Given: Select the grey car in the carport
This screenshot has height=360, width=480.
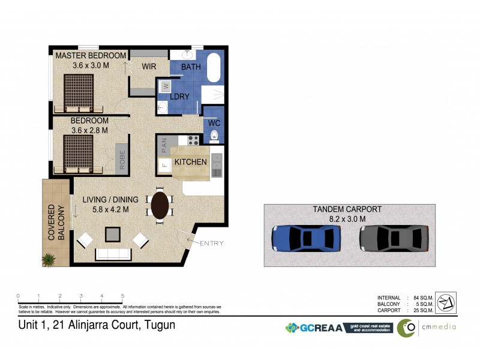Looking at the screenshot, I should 394,239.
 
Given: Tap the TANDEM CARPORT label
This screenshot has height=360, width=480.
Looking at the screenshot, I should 347,209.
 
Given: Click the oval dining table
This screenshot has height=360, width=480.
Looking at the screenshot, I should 160,205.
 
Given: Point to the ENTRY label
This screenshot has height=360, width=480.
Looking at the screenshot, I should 211,243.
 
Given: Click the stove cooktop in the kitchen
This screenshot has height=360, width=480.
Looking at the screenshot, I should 193,140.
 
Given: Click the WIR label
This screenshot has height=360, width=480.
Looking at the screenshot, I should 149,67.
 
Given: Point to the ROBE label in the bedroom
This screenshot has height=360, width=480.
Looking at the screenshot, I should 122,159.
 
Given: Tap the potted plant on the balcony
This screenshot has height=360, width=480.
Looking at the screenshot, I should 48,259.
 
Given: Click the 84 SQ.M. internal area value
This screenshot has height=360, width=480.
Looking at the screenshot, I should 424,298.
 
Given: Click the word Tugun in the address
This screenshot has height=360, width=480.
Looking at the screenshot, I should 159,325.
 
